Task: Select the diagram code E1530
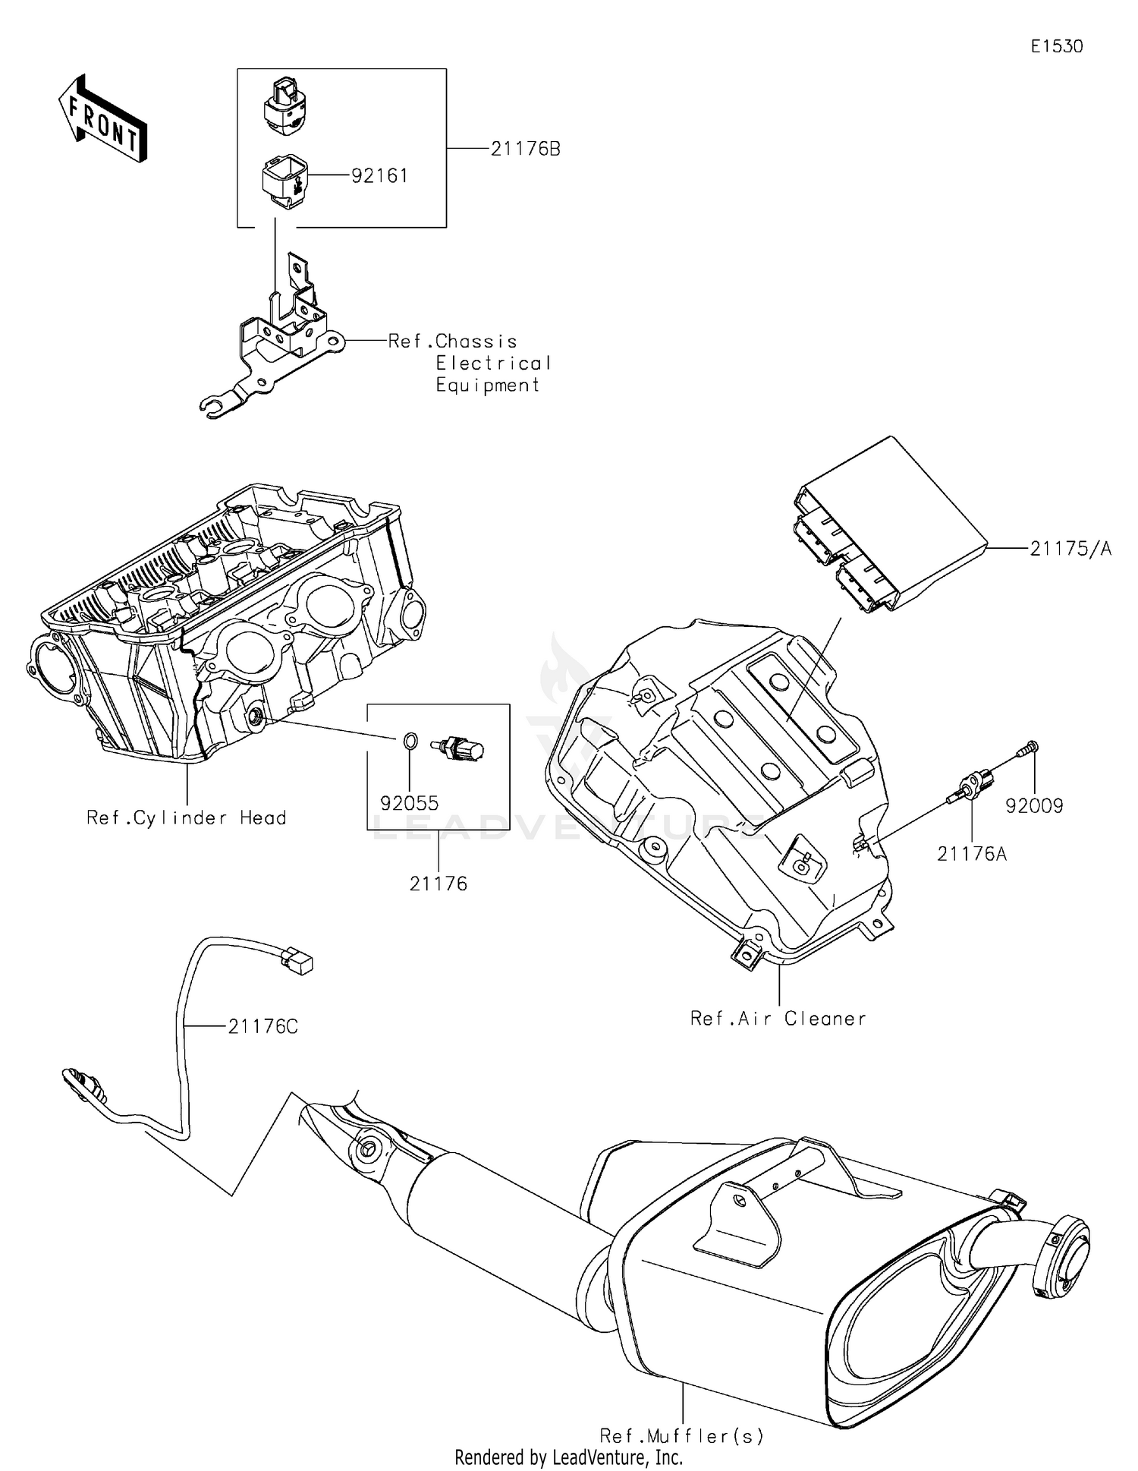[x=1056, y=46]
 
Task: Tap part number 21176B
[x=525, y=149]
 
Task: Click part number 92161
[x=379, y=175]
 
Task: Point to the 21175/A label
[x=1070, y=548]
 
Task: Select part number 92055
[x=410, y=803]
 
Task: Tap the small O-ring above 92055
[x=409, y=739]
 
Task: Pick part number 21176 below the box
[x=439, y=884]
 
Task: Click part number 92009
[x=1034, y=806]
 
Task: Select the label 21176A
[x=972, y=854]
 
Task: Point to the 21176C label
[x=262, y=1027]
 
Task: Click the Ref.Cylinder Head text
[x=187, y=817]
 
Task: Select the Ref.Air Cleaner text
[x=778, y=1018]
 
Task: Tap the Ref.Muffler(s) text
[x=681, y=1435]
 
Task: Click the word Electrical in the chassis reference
[x=493, y=364]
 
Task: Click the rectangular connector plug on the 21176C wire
[x=297, y=962]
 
